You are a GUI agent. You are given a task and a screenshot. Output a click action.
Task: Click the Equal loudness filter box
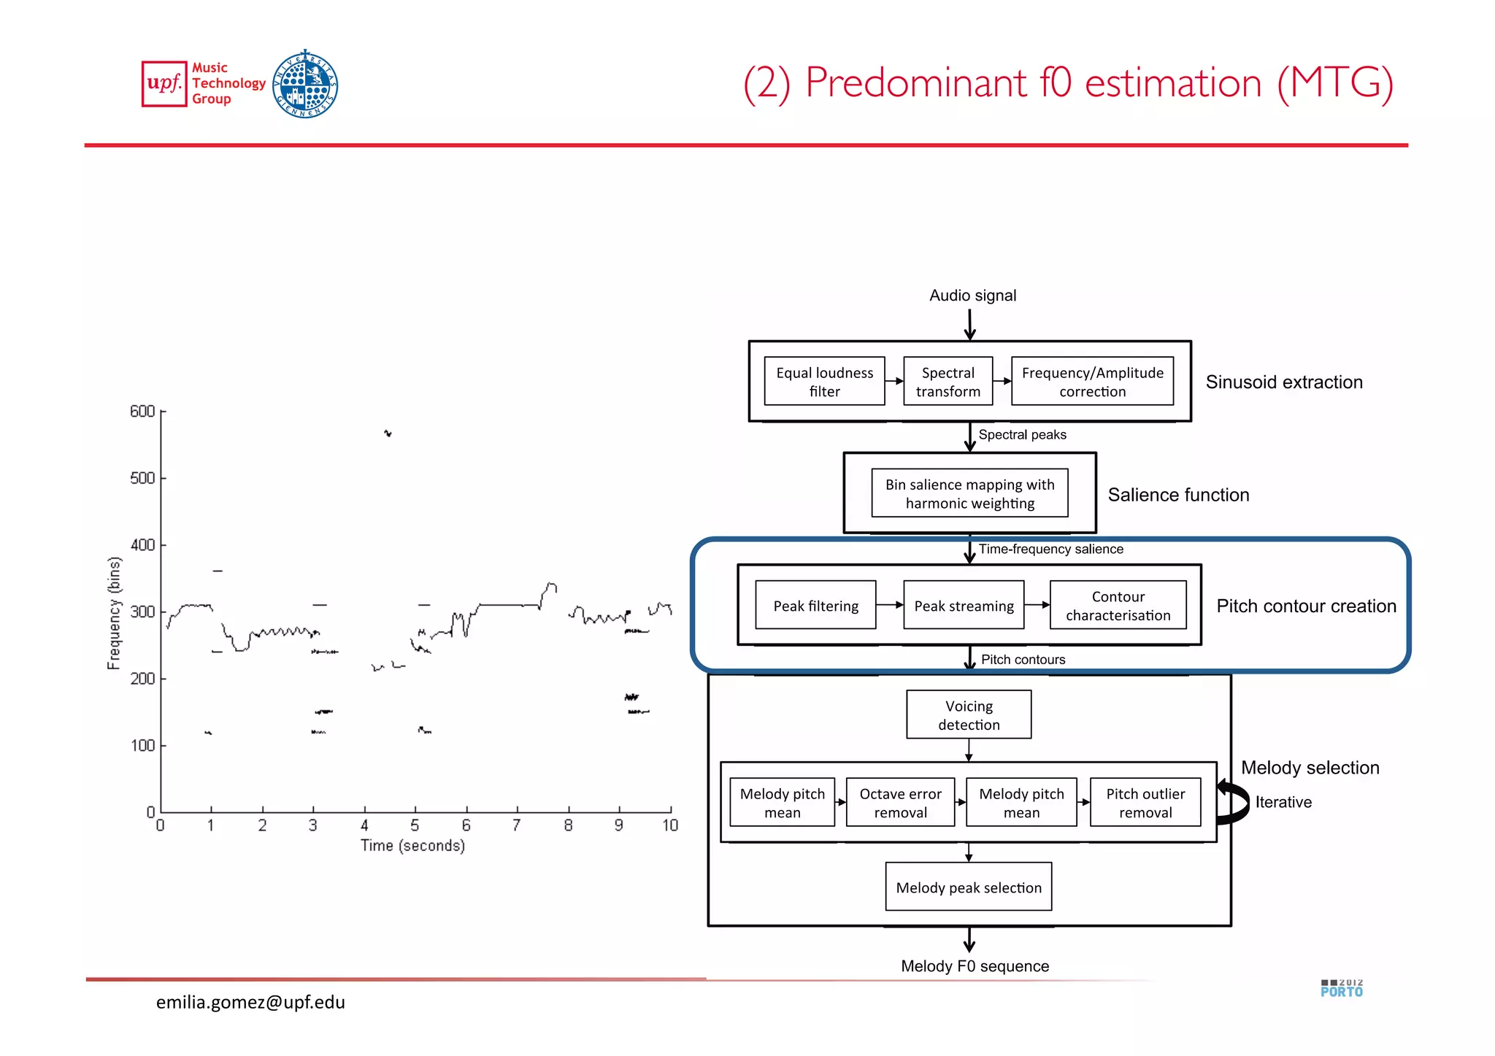(x=824, y=381)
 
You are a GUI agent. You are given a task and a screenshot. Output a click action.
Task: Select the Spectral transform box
(x=948, y=381)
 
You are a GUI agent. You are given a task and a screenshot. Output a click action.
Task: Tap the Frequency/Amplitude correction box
(x=1092, y=381)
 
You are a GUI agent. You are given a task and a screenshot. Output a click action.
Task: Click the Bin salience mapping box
(x=969, y=493)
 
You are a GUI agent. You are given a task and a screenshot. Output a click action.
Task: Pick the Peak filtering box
(x=815, y=605)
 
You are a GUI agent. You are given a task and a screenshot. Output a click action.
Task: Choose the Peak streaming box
(x=964, y=605)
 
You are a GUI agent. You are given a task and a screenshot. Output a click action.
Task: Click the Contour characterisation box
(x=1118, y=605)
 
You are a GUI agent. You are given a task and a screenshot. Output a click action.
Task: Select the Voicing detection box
(x=969, y=714)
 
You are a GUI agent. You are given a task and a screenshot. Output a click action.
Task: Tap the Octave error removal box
(x=900, y=802)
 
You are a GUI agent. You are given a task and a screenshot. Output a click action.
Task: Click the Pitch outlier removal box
(x=1145, y=802)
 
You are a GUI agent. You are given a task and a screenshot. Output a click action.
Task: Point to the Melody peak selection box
(x=969, y=887)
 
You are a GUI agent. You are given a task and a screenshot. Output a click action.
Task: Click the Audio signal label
(x=972, y=296)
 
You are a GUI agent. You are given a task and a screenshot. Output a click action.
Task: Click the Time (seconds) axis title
(x=412, y=845)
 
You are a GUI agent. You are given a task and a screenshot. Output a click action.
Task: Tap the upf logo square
(x=164, y=84)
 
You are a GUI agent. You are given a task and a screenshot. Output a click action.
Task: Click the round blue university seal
(x=305, y=84)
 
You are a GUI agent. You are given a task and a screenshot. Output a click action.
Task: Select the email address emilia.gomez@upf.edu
(x=250, y=1002)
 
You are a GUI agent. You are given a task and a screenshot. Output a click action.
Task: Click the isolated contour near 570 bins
(x=388, y=433)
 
